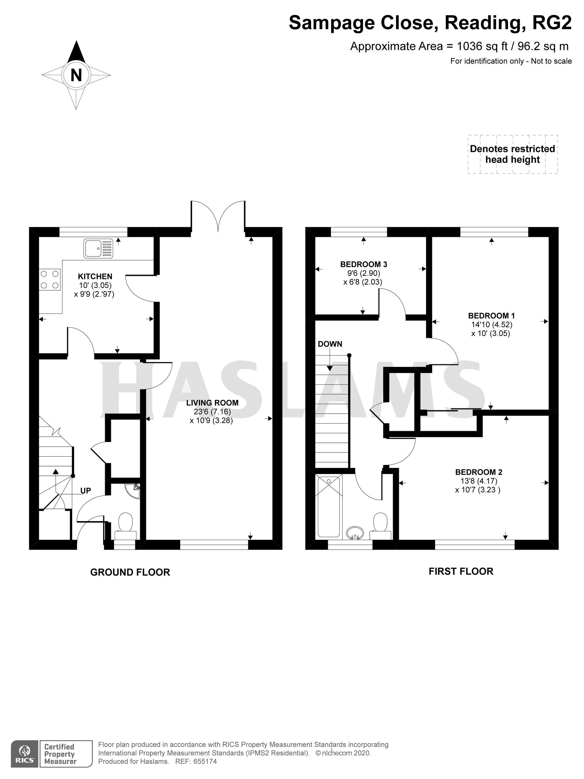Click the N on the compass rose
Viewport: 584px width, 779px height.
click(x=76, y=75)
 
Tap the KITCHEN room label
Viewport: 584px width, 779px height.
click(x=95, y=276)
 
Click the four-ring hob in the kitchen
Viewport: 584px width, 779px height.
click(x=50, y=279)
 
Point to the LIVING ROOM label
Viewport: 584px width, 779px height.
click(x=212, y=402)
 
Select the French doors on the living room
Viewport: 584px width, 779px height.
click(x=218, y=216)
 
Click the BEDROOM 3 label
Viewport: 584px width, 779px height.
click(x=364, y=264)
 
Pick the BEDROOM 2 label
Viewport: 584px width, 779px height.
click(x=479, y=472)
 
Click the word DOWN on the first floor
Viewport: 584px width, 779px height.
click(x=330, y=344)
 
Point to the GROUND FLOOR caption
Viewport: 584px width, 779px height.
click(x=130, y=572)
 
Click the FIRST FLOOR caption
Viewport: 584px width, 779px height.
click(x=461, y=571)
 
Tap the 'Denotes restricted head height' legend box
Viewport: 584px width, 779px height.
click(x=512, y=154)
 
